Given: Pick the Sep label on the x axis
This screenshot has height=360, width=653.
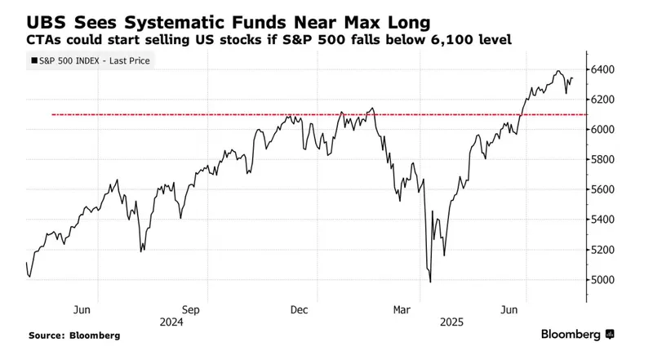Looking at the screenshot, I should pos(190,309).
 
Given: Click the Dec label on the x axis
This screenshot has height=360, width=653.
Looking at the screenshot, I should pos(298,309).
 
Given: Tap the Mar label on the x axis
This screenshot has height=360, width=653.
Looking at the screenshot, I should pos(402,309).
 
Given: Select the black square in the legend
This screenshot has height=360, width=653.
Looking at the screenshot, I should pos(33,60).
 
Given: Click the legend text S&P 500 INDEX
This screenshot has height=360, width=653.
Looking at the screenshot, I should pos(69,60).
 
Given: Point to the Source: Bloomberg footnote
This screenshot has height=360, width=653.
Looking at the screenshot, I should pos(74,336).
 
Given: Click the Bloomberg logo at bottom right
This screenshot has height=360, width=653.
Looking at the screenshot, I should pos(577,335).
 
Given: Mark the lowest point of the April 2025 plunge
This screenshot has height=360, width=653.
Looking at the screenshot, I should pos(430,282).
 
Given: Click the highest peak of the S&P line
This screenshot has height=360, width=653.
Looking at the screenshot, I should pos(559,71).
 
